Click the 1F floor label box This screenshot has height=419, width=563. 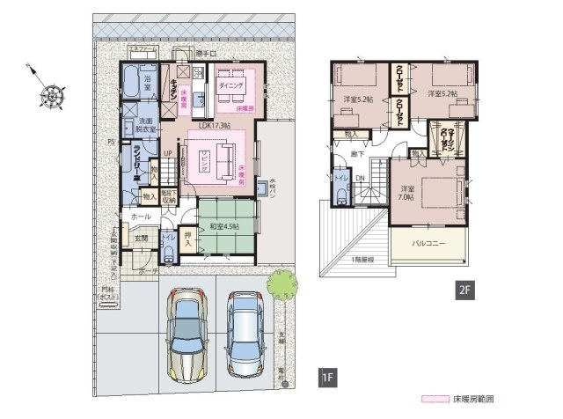pos(325,379)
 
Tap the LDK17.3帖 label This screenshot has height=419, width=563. pos(214,126)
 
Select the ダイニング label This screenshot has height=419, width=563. pos(231,86)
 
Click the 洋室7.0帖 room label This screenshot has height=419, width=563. pos(406,194)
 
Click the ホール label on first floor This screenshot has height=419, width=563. pos(141,215)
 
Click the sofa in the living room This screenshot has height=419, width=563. pos(221,159)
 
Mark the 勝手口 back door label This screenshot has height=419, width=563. pos(206,55)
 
